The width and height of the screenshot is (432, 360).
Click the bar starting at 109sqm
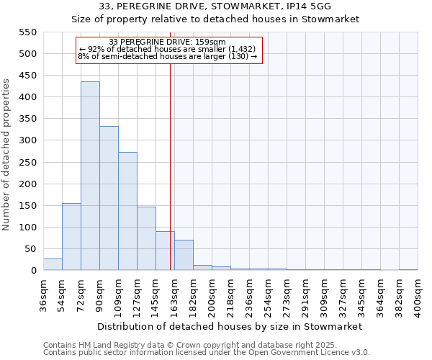(x=127, y=212)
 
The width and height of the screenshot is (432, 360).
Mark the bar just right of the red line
(x=184, y=256)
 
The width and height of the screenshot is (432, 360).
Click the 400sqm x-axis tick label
(x=418, y=295)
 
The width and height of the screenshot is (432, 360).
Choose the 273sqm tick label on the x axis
(x=287, y=295)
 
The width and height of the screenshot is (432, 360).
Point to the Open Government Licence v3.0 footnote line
(x=206, y=353)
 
